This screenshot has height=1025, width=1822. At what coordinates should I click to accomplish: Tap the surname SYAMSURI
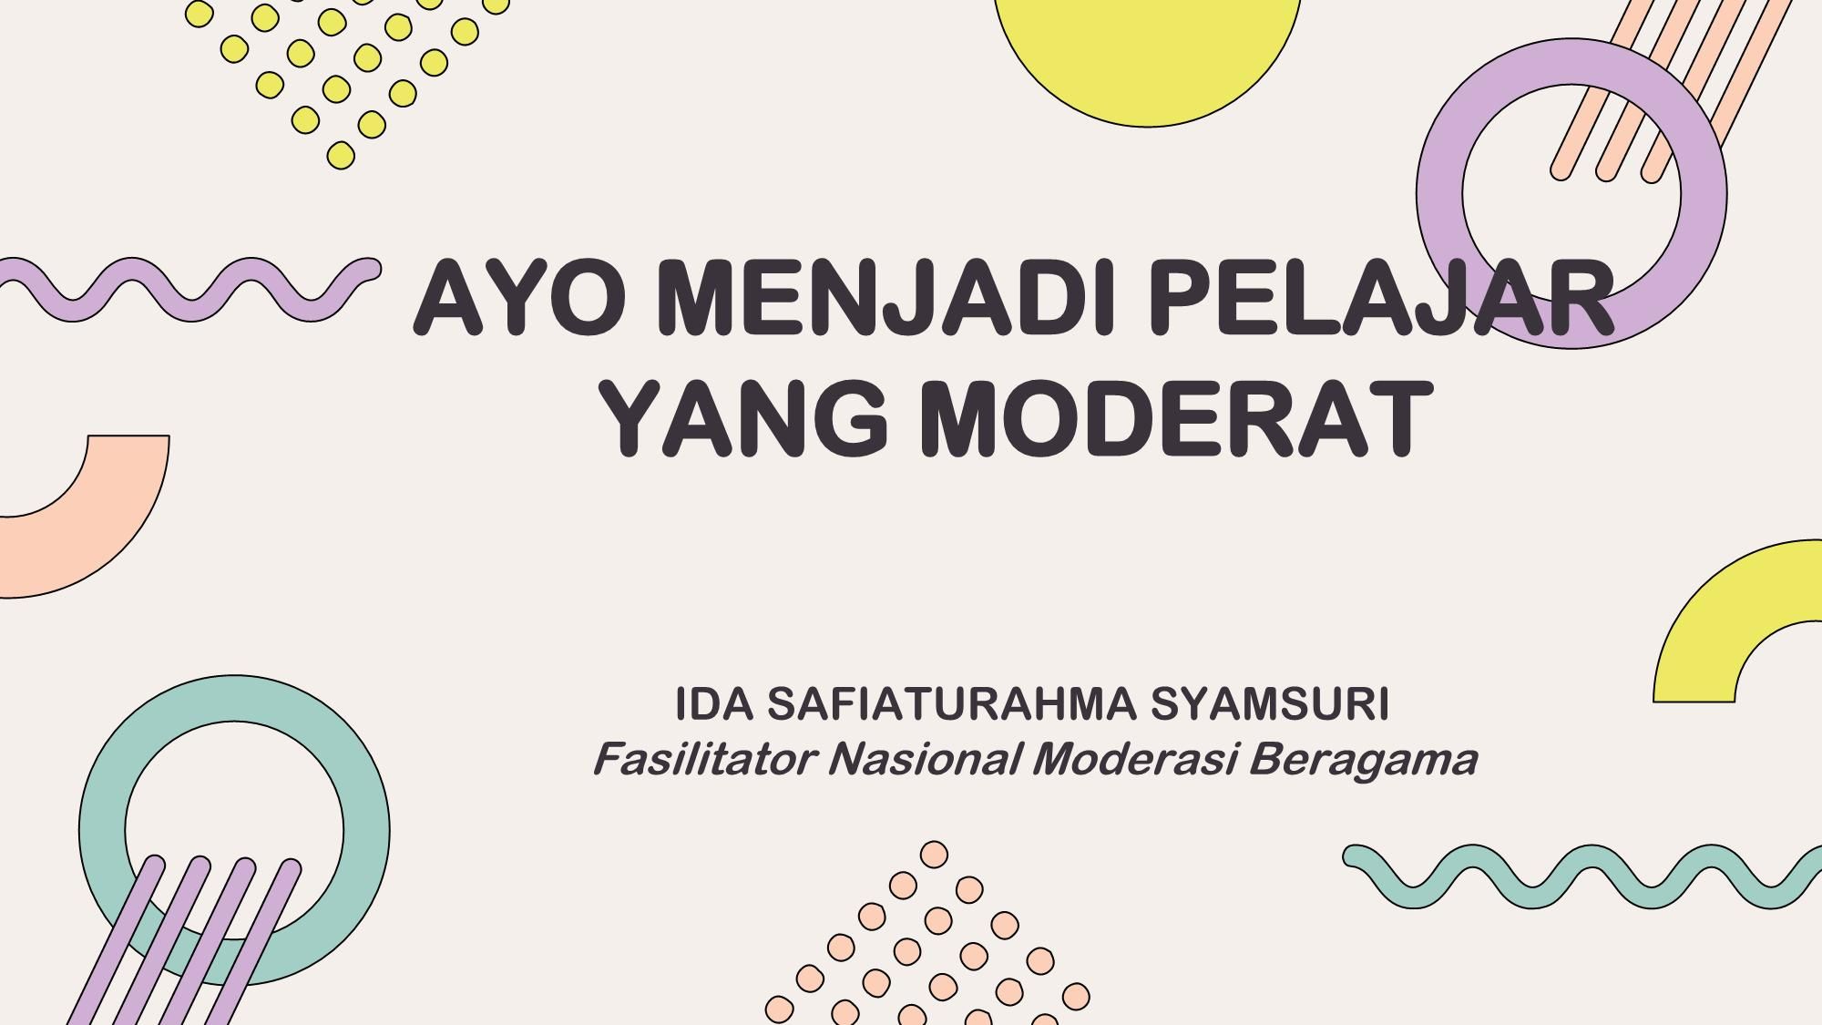pos(1270,704)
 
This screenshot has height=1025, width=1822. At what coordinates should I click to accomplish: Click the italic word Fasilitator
pos(702,759)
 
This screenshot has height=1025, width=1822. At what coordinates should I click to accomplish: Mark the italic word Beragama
pos(1362,759)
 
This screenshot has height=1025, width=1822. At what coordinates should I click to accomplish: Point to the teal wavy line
pos(1585,876)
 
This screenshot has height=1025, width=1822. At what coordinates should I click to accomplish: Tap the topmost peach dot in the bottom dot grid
pos(934,855)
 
